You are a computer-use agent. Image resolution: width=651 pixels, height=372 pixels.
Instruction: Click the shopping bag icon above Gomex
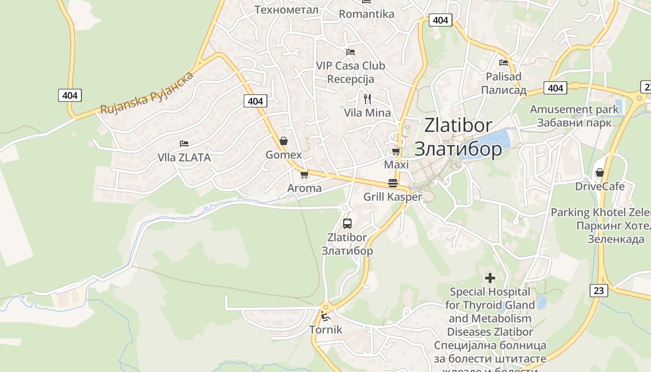283,141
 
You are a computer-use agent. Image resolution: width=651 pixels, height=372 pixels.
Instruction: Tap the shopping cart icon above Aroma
304,174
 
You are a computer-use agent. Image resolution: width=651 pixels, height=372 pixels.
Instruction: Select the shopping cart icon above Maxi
396,151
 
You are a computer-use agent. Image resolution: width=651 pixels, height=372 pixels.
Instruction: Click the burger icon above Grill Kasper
392,183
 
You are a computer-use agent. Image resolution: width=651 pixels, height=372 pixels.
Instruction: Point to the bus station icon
347,223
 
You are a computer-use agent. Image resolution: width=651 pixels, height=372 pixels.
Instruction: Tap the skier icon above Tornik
325,317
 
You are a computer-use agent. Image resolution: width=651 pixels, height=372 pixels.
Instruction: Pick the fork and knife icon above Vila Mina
367,99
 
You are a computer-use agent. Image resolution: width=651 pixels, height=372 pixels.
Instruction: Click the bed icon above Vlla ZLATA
184,144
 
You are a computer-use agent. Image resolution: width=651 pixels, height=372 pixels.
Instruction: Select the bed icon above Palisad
504,62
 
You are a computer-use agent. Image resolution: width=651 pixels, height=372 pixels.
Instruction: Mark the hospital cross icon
490,278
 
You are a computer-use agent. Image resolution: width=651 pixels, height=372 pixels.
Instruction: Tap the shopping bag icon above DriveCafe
600,173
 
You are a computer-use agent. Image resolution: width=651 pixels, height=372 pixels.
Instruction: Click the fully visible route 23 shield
599,291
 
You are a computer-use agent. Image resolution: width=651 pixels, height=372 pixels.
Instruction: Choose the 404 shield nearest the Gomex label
255,101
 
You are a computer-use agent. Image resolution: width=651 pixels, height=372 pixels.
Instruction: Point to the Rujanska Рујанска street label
147,93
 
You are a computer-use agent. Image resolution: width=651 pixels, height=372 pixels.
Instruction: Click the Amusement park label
574,109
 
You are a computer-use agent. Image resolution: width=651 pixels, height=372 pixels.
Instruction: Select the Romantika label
366,14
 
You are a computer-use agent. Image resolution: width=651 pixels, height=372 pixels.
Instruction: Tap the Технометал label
287,9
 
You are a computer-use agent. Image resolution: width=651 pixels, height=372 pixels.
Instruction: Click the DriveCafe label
600,186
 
